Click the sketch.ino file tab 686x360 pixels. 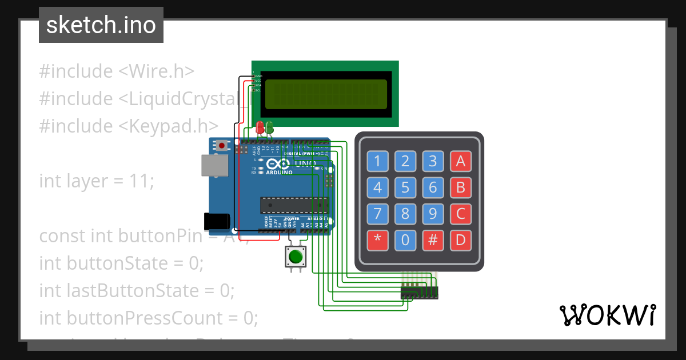(101, 25)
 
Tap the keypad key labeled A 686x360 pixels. (461, 162)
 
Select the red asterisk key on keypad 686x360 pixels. (377, 240)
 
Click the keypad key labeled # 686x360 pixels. (433, 240)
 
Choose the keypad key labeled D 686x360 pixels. (461, 240)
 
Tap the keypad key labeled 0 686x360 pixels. (405, 240)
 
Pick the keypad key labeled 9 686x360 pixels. (433, 214)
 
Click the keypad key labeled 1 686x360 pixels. (377, 162)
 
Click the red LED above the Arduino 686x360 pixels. (261, 127)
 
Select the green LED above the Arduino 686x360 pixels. (269, 127)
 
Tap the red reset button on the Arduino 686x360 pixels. (222, 146)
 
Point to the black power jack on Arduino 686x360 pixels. (217, 221)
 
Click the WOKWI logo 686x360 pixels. (607, 315)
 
